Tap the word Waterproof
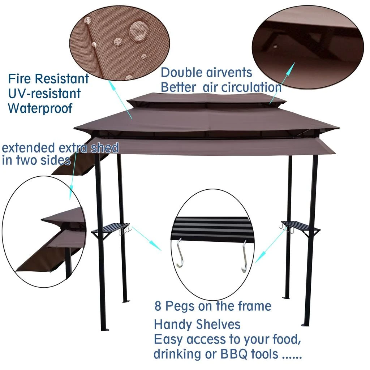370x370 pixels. pos(40,108)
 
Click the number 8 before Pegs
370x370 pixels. pos(158,306)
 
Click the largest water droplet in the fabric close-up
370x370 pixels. pos(137,30)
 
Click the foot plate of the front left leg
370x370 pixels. pos(105,329)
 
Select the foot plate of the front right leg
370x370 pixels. pos(305,324)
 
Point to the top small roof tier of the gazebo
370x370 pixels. pos(206,98)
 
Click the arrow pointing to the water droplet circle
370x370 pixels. pos(121,99)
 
